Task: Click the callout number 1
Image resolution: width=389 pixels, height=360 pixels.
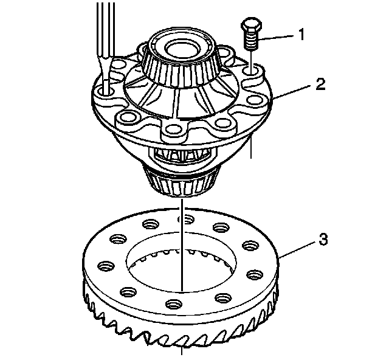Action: [x=300, y=35]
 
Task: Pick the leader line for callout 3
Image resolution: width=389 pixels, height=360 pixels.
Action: [x=298, y=246]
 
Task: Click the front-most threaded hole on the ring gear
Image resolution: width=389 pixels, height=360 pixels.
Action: [x=174, y=303]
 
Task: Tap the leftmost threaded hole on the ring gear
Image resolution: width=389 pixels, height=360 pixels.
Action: [x=105, y=265]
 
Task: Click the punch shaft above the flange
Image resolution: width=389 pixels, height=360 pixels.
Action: [x=102, y=36]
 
